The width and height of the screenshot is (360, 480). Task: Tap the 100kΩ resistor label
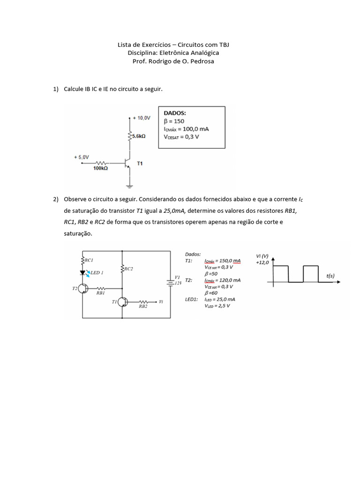[101, 168]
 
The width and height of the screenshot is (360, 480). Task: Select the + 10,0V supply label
[142, 118]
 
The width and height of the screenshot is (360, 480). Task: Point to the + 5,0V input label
[81, 157]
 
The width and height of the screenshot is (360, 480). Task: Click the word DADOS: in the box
[174, 113]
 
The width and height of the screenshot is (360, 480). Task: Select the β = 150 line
[174, 121]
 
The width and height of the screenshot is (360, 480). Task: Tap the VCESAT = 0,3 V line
[181, 137]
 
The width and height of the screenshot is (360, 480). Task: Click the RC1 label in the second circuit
[89, 259]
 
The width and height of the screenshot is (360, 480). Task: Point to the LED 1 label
[97, 272]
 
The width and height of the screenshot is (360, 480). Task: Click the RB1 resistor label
[101, 293]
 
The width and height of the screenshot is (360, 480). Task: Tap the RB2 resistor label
[143, 306]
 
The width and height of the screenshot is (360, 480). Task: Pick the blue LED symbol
[83, 272]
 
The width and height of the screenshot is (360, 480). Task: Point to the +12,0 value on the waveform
[262, 262]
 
